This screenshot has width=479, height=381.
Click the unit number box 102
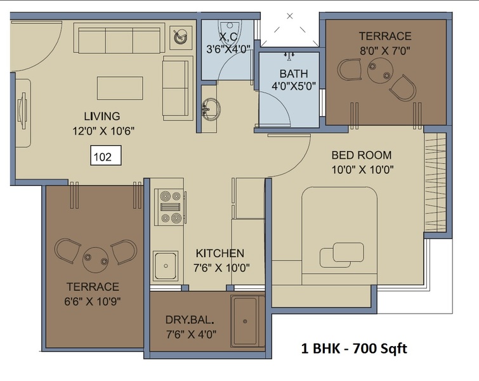click(x=106, y=156)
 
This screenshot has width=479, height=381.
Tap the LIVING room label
click(x=102, y=116)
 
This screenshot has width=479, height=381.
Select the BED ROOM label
click(x=362, y=155)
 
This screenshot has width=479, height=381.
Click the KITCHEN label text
click(x=220, y=253)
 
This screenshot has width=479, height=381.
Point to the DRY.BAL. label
click(x=190, y=320)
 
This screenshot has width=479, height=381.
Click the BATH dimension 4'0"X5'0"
click(x=294, y=86)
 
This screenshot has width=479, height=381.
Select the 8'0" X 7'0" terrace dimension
click(x=385, y=50)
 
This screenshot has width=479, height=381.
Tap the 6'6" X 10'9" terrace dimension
click(x=92, y=302)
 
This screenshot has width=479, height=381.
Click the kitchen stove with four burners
click(x=169, y=207)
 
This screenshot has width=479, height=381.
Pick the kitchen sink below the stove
click(x=166, y=265)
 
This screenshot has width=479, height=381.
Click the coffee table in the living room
click(x=120, y=88)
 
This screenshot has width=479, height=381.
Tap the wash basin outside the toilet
click(x=211, y=109)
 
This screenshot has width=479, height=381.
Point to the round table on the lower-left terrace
click(x=96, y=260)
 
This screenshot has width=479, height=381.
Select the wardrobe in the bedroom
click(x=435, y=182)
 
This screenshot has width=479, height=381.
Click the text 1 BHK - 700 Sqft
click(x=354, y=348)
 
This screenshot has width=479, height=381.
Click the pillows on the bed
click(x=342, y=255)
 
